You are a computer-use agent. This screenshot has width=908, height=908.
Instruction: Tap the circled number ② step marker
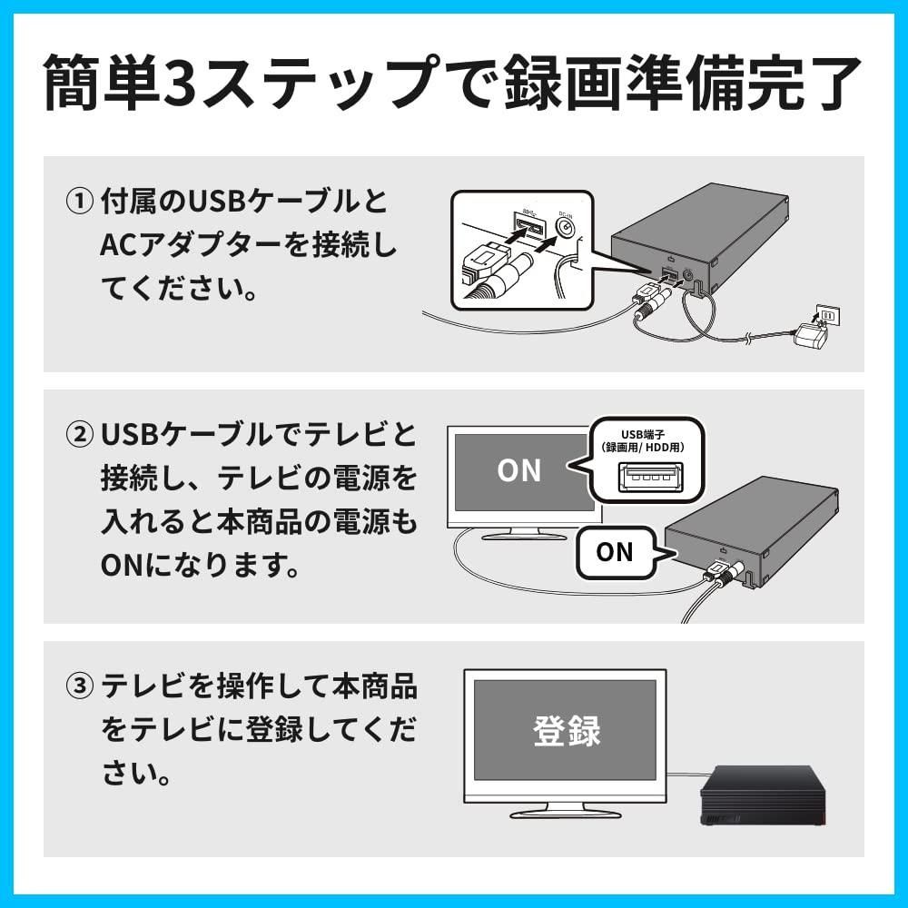coord(79,435)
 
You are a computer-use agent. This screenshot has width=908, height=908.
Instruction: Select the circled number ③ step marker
coord(79,686)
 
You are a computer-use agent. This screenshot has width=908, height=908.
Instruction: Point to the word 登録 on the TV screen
coord(567,730)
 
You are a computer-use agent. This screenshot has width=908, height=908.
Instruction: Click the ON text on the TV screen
coord(518,470)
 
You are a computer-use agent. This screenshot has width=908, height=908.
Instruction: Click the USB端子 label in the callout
coord(643,434)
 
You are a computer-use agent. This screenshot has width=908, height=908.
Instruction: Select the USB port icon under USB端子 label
coord(650,478)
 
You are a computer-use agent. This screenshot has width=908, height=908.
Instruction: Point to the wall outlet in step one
coord(827,316)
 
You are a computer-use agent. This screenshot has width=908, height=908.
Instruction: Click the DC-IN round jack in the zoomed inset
coord(565,228)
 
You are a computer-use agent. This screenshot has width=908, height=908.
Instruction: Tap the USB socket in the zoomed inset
coord(529,227)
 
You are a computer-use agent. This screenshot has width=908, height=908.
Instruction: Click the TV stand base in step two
coord(524,536)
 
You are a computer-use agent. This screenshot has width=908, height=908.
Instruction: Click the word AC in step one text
coord(118,245)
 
